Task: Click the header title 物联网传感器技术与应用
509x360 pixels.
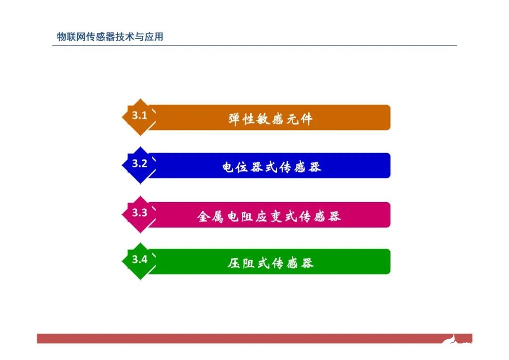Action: (110, 37)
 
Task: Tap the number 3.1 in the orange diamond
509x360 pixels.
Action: (140, 115)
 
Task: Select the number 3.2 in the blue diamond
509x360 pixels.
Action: (140, 164)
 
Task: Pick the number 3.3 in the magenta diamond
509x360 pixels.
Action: (140, 213)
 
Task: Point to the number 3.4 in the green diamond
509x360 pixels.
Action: (140, 259)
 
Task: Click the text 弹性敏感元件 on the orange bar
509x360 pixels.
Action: (270, 119)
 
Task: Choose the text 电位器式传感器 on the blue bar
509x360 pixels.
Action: (271, 167)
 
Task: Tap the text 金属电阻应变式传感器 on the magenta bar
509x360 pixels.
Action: (269, 216)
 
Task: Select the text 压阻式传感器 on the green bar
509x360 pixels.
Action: (271, 263)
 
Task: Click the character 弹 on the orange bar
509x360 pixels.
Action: (235, 119)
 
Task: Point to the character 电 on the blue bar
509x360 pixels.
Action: (229, 167)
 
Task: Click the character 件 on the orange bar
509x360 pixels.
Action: (306, 119)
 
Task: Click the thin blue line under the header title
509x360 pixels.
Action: (254, 46)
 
